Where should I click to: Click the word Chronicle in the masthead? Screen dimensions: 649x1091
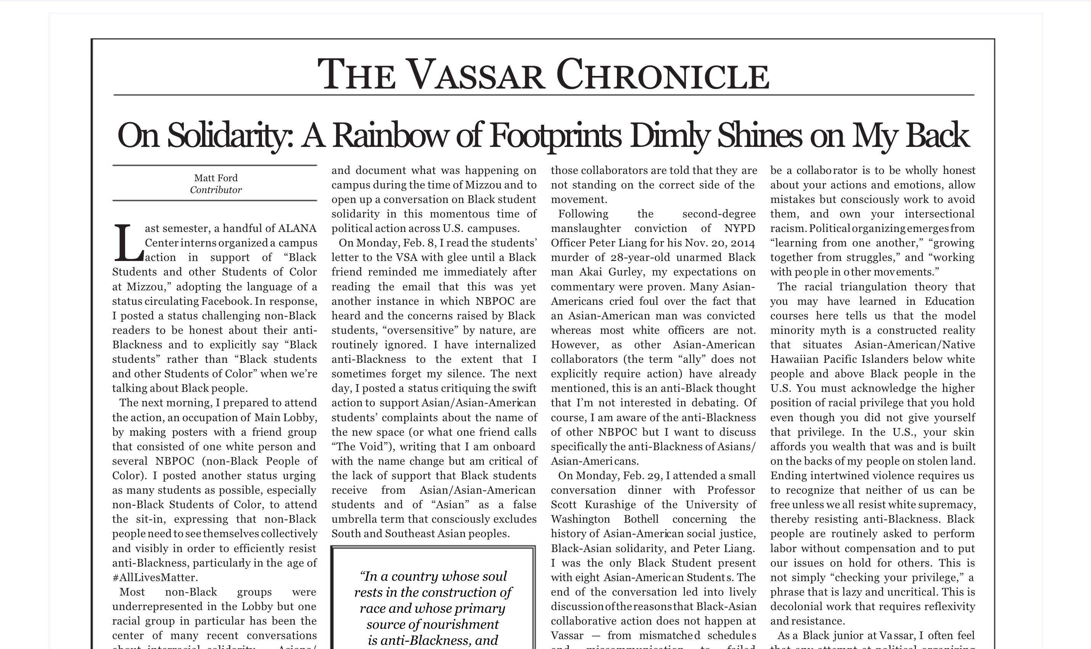(x=662, y=75)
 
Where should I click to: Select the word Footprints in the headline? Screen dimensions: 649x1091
(x=555, y=136)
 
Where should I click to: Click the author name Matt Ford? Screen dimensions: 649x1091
(x=215, y=178)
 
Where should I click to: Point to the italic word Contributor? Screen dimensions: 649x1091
(x=215, y=190)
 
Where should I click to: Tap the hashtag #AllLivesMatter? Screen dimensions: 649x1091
(x=155, y=577)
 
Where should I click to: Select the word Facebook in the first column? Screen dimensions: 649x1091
(x=225, y=301)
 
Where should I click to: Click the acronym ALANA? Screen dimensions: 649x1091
(x=297, y=228)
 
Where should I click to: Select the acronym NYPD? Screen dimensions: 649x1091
(x=739, y=228)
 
